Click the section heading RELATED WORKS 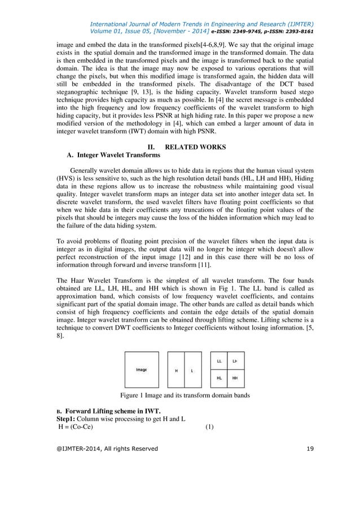[x=196, y=147]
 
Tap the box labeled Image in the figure [x=141, y=370]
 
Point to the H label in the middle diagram [x=176, y=371]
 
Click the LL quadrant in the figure [x=219, y=361]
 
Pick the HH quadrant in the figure [x=235, y=379]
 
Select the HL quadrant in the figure [x=219, y=379]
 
